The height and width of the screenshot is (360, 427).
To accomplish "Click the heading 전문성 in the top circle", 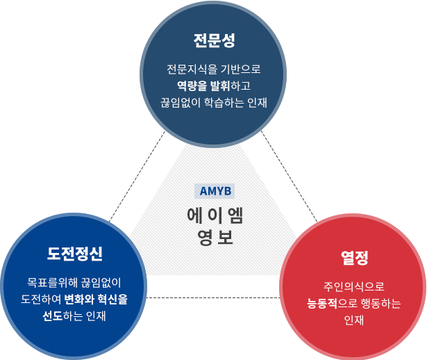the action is coord(214,41).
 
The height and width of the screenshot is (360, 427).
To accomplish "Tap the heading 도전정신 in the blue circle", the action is coord(75,254).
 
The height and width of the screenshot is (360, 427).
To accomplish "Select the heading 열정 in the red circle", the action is coord(355,258).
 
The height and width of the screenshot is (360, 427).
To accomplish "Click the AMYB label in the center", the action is coord(215,191).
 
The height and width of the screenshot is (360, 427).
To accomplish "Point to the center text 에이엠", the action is coord(215,215).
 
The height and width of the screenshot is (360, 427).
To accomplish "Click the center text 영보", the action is coord(215,238).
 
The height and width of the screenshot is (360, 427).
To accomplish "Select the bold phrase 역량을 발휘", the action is coord(203,86).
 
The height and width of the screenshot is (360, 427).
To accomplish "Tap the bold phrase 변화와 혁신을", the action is coord(96,300).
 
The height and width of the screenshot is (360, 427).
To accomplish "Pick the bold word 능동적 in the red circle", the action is coord(322,303).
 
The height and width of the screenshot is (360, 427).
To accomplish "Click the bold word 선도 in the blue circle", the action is coord(53,316).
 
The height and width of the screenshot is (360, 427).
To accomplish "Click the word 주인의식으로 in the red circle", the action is coord(354,286).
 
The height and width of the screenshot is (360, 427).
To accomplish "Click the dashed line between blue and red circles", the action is coord(213,297).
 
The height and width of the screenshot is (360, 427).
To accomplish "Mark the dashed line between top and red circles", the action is coord(290,176).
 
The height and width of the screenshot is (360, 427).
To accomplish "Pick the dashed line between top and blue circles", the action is coord(137,177).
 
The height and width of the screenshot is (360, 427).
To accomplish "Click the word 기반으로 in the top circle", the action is coord(240,69).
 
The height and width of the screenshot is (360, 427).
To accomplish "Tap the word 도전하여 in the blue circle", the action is coord(41,300).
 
